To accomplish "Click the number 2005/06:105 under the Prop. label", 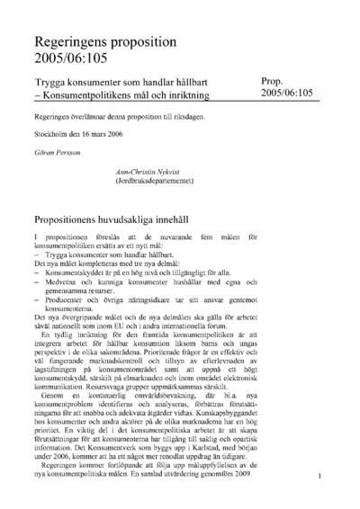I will [286, 93].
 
